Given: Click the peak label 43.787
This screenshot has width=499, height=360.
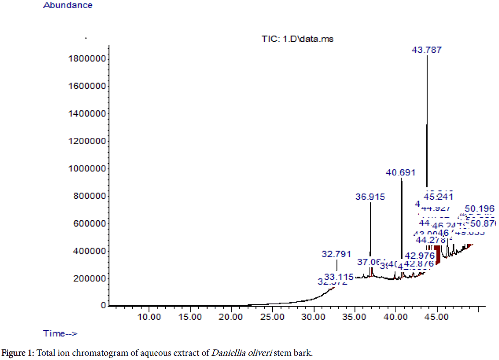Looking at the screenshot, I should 427,50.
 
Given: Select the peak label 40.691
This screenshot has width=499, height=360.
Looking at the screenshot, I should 401,172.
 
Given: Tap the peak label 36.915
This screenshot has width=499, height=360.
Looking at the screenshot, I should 370,196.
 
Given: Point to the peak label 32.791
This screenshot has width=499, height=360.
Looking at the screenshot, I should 336,254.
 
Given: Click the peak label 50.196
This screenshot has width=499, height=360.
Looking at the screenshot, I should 479,209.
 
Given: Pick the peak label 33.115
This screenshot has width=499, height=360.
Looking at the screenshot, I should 339,277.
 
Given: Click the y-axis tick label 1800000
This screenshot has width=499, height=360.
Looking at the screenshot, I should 88,59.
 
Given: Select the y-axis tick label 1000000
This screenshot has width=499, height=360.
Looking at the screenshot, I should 88,169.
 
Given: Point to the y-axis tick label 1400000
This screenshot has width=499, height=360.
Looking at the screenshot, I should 88,114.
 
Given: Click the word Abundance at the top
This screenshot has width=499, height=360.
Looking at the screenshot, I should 68,6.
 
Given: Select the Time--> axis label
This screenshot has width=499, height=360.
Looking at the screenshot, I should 61,334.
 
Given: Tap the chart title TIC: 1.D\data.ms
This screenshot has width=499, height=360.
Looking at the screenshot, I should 294,39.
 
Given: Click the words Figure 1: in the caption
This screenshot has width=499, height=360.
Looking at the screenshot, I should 18,354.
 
